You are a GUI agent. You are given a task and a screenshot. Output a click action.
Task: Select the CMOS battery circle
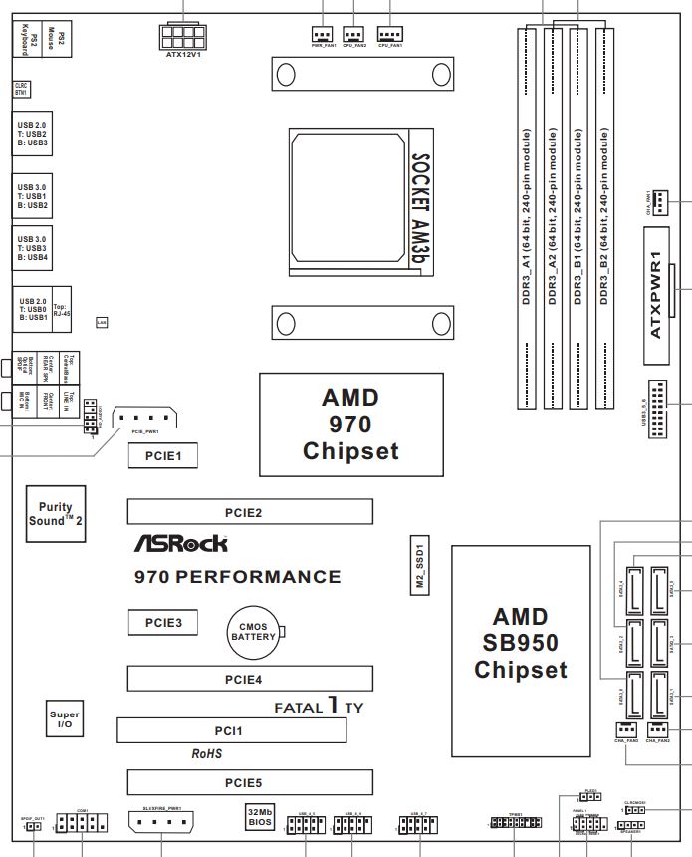[x=253, y=631]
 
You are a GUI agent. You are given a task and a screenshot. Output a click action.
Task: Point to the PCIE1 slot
[x=160, y=456]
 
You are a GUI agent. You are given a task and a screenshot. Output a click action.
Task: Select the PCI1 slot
[x=231, y=731]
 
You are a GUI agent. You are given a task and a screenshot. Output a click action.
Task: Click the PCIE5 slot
[x=249, y=782]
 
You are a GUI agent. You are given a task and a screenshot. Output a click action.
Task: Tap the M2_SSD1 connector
[x=421, y=565]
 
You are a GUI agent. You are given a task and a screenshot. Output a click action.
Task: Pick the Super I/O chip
[x=65, y=721]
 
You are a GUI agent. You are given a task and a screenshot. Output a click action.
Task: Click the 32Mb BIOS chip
[x=261, y=818]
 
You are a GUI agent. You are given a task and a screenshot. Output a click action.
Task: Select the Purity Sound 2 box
[x=56, y=514]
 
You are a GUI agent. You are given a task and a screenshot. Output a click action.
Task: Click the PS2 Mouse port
[x=61, y=39]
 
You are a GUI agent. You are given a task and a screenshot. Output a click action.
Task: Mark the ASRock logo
[x=180, y=544]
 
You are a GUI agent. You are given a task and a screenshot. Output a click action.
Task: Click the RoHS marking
[x=206, y=754]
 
